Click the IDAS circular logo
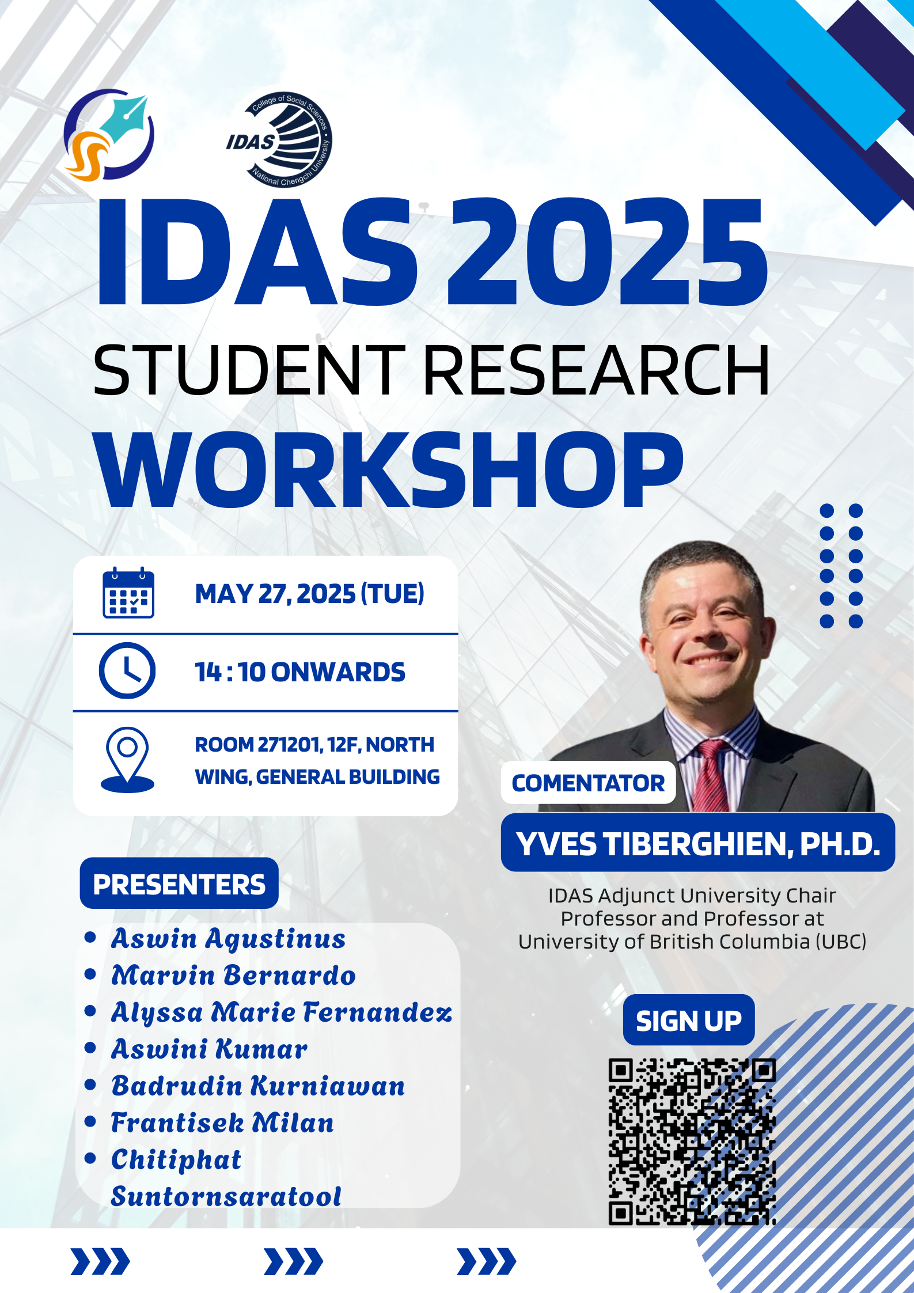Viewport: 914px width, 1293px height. click(279, 139)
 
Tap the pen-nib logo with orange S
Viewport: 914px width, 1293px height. click(108, 135)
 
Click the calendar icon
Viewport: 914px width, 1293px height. click(128, 593)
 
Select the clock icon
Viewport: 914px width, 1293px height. click(127, 671)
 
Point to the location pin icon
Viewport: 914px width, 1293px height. click(127, 760)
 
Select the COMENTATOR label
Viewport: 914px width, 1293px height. click(588, 783)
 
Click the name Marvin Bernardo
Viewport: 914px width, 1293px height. click(233, 976)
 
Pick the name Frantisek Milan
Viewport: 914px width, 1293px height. click(222, 1123)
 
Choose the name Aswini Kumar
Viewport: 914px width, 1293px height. click(209, 1049)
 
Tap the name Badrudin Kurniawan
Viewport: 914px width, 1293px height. click(258, 1086)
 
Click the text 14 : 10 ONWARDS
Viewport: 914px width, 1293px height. click(300, 672)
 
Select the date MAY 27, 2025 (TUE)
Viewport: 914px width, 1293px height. click(310, 594)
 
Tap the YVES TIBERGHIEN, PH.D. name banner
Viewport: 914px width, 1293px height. click(698, 844)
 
